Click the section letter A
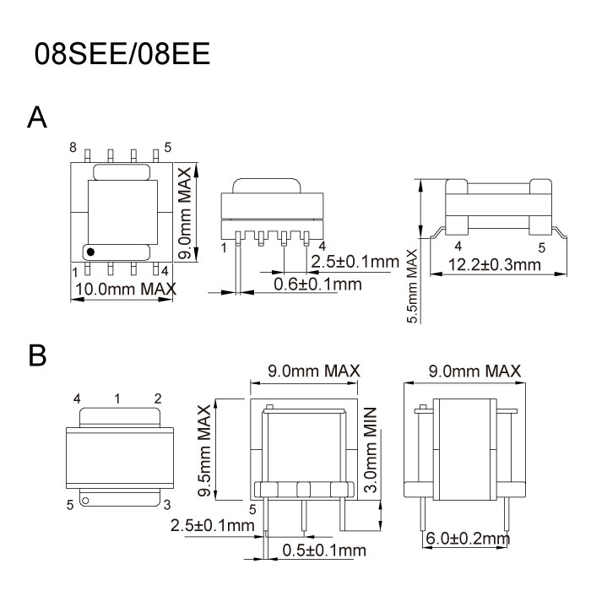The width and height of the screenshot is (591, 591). [x=37, y=118]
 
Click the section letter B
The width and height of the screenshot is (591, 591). [x=37, y=355]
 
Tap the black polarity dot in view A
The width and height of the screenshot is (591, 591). [x=90, y=251]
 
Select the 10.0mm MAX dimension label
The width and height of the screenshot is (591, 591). [x=126, y=289]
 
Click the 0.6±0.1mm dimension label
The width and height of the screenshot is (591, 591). [x=317, y=285]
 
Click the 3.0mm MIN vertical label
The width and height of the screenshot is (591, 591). [x=369, y=448]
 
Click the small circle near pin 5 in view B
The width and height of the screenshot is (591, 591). [x=84, y=501]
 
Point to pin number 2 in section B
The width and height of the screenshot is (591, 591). [x=158, y=398]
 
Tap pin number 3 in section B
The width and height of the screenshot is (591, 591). [x=167, y=504]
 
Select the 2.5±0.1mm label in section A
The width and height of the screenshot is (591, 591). [x=354, y=262]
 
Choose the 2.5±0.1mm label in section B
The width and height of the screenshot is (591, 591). [x=213, y=526]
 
